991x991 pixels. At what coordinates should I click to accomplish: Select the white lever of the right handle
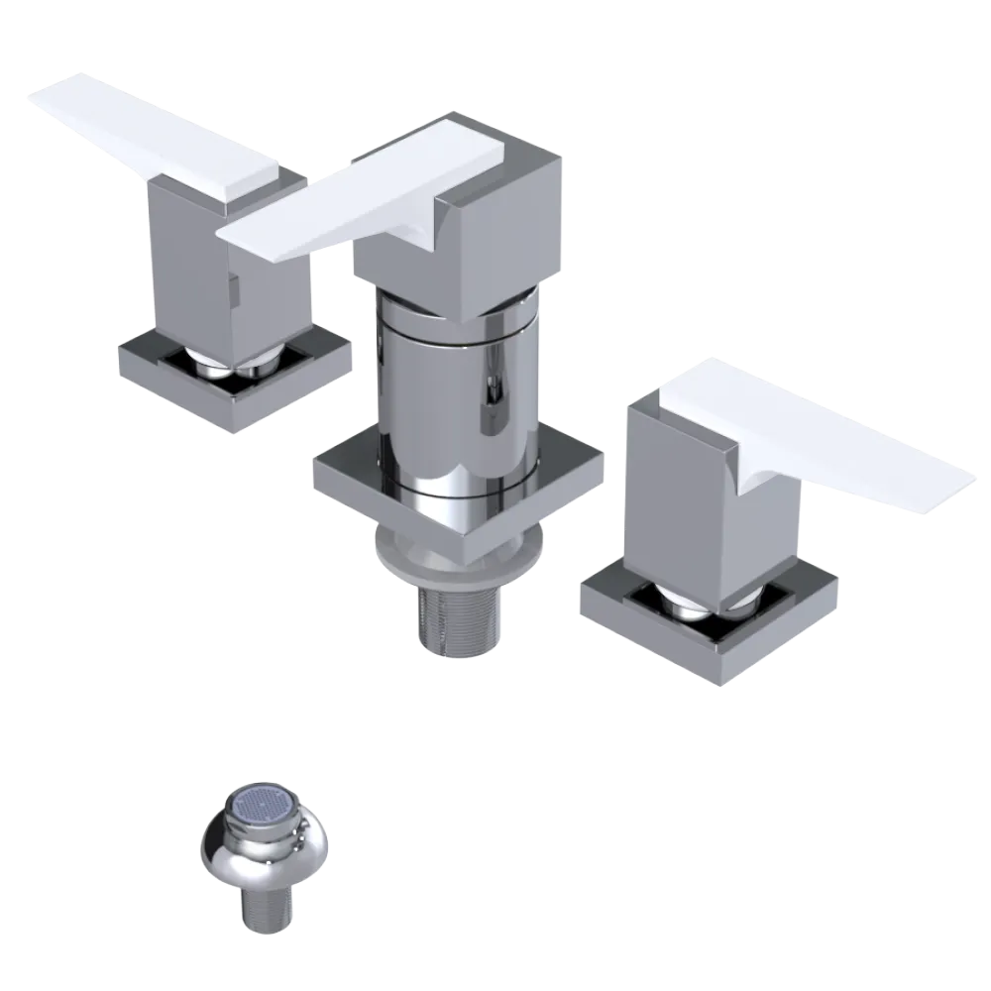pyautogui.click(x=842, y=436)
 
